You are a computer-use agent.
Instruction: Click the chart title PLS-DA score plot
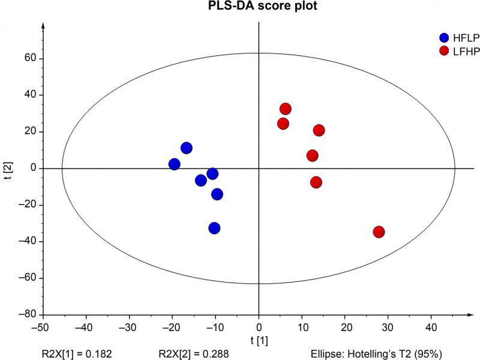click(x=258, y=7)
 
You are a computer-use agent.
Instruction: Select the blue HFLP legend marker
click(x=445, y=37)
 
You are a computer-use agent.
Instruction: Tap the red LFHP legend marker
click(x=445, y=50)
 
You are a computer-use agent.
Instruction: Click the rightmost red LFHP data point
click(x=379, y=232)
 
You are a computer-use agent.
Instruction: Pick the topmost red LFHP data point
click(x=286, y=109)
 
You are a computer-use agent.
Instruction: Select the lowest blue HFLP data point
click(x=214, y=228)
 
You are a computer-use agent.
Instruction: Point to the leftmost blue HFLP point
click(x=175, y=164)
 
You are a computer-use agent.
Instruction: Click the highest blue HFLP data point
click(x=187, y=148)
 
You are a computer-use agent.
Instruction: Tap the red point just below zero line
click(x=316, y=182)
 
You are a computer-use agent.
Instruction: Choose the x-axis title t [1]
click(x=258, y=340)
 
